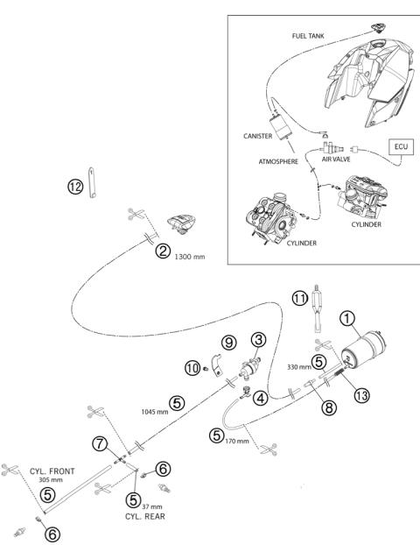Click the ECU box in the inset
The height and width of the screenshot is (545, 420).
(x=401, y=147)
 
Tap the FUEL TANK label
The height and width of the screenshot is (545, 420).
(x=308, y=36)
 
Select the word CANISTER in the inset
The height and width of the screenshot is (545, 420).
(x=257, y=136)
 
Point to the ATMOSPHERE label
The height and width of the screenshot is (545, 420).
(x=278, y=161)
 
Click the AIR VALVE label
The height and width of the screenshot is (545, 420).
(x=336, y=159)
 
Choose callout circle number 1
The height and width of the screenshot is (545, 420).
(x=347, y=318)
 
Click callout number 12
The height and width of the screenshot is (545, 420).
(x=75, y=187)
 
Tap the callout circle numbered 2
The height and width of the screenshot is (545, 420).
(x=163, y=251)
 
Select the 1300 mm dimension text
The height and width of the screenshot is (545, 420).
(x=190, y=257)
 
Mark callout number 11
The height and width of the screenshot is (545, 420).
(x=300, y=298)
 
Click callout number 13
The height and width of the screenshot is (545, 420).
(x=361, y=395)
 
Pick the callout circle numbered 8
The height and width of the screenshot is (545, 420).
(x=329, y=407)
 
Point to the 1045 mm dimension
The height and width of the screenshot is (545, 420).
(x=155, y=412)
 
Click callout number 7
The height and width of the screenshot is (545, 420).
(x=100, y=444)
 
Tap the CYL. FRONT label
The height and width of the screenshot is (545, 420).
(x=52, y=471)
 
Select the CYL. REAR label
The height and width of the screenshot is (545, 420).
(x=145, y=516)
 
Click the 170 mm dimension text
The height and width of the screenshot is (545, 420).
(x=237, y=441)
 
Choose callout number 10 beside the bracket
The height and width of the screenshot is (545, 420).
(x=192, y=368)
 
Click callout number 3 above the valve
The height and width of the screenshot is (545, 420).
(x=259, y=340)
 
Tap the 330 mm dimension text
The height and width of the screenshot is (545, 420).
(x=299, y=367)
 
